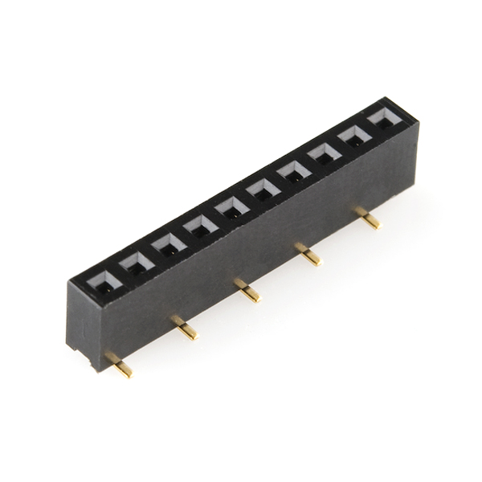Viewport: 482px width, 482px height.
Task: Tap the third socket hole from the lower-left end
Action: tap(169, 245)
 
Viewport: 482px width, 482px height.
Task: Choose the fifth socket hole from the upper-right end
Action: tap(263, 190)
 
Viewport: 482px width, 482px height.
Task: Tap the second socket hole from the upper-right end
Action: tap(354, 135)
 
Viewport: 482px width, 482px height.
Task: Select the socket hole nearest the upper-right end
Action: tap(384, 118)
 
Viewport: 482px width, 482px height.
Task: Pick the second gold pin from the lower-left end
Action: tap(185, 329)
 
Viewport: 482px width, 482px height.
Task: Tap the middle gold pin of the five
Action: tap(247, 291)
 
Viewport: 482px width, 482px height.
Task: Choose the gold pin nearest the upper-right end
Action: tap(369, 219)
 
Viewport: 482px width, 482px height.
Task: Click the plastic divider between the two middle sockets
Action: tap(247, 201)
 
